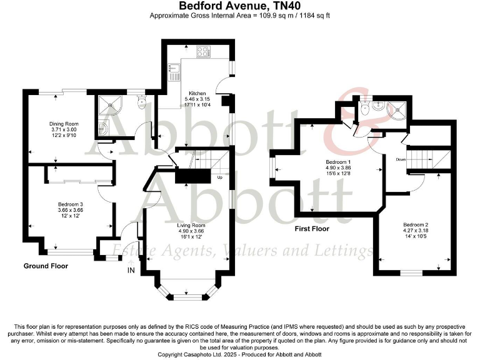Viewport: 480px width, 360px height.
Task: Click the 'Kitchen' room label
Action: (180, 93)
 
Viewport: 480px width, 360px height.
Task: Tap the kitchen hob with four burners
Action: (204, 52)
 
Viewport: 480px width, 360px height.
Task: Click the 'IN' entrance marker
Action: (131, 270)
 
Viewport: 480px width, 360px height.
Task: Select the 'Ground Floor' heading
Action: (46, 266)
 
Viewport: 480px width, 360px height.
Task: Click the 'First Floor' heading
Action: (312, 229)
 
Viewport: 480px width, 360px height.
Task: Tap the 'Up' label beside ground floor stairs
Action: (219, 177)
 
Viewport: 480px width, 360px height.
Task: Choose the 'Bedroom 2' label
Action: (416, 224)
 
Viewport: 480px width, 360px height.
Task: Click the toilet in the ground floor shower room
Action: (142, 102)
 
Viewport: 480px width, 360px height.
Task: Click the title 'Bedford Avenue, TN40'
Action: (240, 6)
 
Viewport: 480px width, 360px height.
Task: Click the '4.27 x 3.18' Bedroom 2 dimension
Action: (416, 230)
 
